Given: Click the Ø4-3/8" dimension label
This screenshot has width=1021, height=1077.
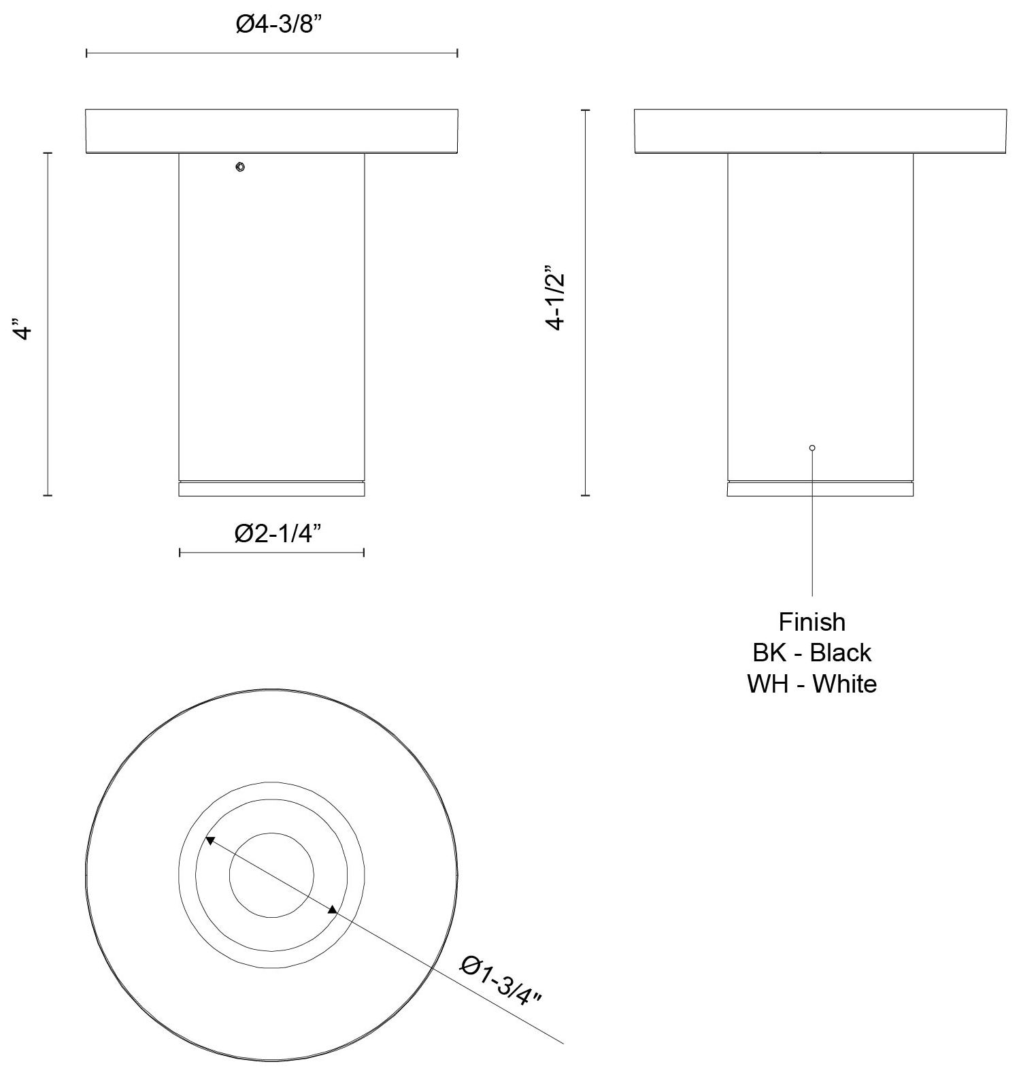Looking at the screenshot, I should (278, 25).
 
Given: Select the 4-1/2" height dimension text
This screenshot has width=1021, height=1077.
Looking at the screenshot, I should (557, 297).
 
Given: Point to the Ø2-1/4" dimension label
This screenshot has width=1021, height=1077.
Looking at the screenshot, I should (278, 534).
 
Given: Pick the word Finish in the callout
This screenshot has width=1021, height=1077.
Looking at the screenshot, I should (811, 622).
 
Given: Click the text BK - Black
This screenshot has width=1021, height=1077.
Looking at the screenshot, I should (811, 652).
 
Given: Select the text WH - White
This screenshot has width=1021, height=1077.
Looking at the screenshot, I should (811, 683).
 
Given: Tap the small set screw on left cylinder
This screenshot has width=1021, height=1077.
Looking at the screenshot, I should (239, 167).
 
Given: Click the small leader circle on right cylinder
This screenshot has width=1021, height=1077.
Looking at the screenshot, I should (812, 448).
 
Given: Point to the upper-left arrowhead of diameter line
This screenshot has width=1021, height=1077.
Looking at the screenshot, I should (210, 841).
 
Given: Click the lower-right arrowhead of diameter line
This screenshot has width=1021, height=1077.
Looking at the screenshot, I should (333, 910).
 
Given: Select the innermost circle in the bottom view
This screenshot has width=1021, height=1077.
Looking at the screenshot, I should (271, 874).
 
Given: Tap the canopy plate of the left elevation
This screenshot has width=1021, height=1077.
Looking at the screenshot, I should (271, 131).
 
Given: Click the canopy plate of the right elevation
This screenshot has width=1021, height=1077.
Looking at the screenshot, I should (820, 131).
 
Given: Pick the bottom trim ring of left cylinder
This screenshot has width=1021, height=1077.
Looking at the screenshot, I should (271, 489).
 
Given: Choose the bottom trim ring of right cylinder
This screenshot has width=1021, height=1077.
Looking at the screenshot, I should (820, 489).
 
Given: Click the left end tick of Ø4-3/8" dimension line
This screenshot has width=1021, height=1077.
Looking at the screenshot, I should (86, 53).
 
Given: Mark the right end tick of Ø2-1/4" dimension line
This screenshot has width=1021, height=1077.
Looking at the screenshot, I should (364, 552).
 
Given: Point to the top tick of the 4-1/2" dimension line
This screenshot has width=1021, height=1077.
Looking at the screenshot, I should (585, 110).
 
